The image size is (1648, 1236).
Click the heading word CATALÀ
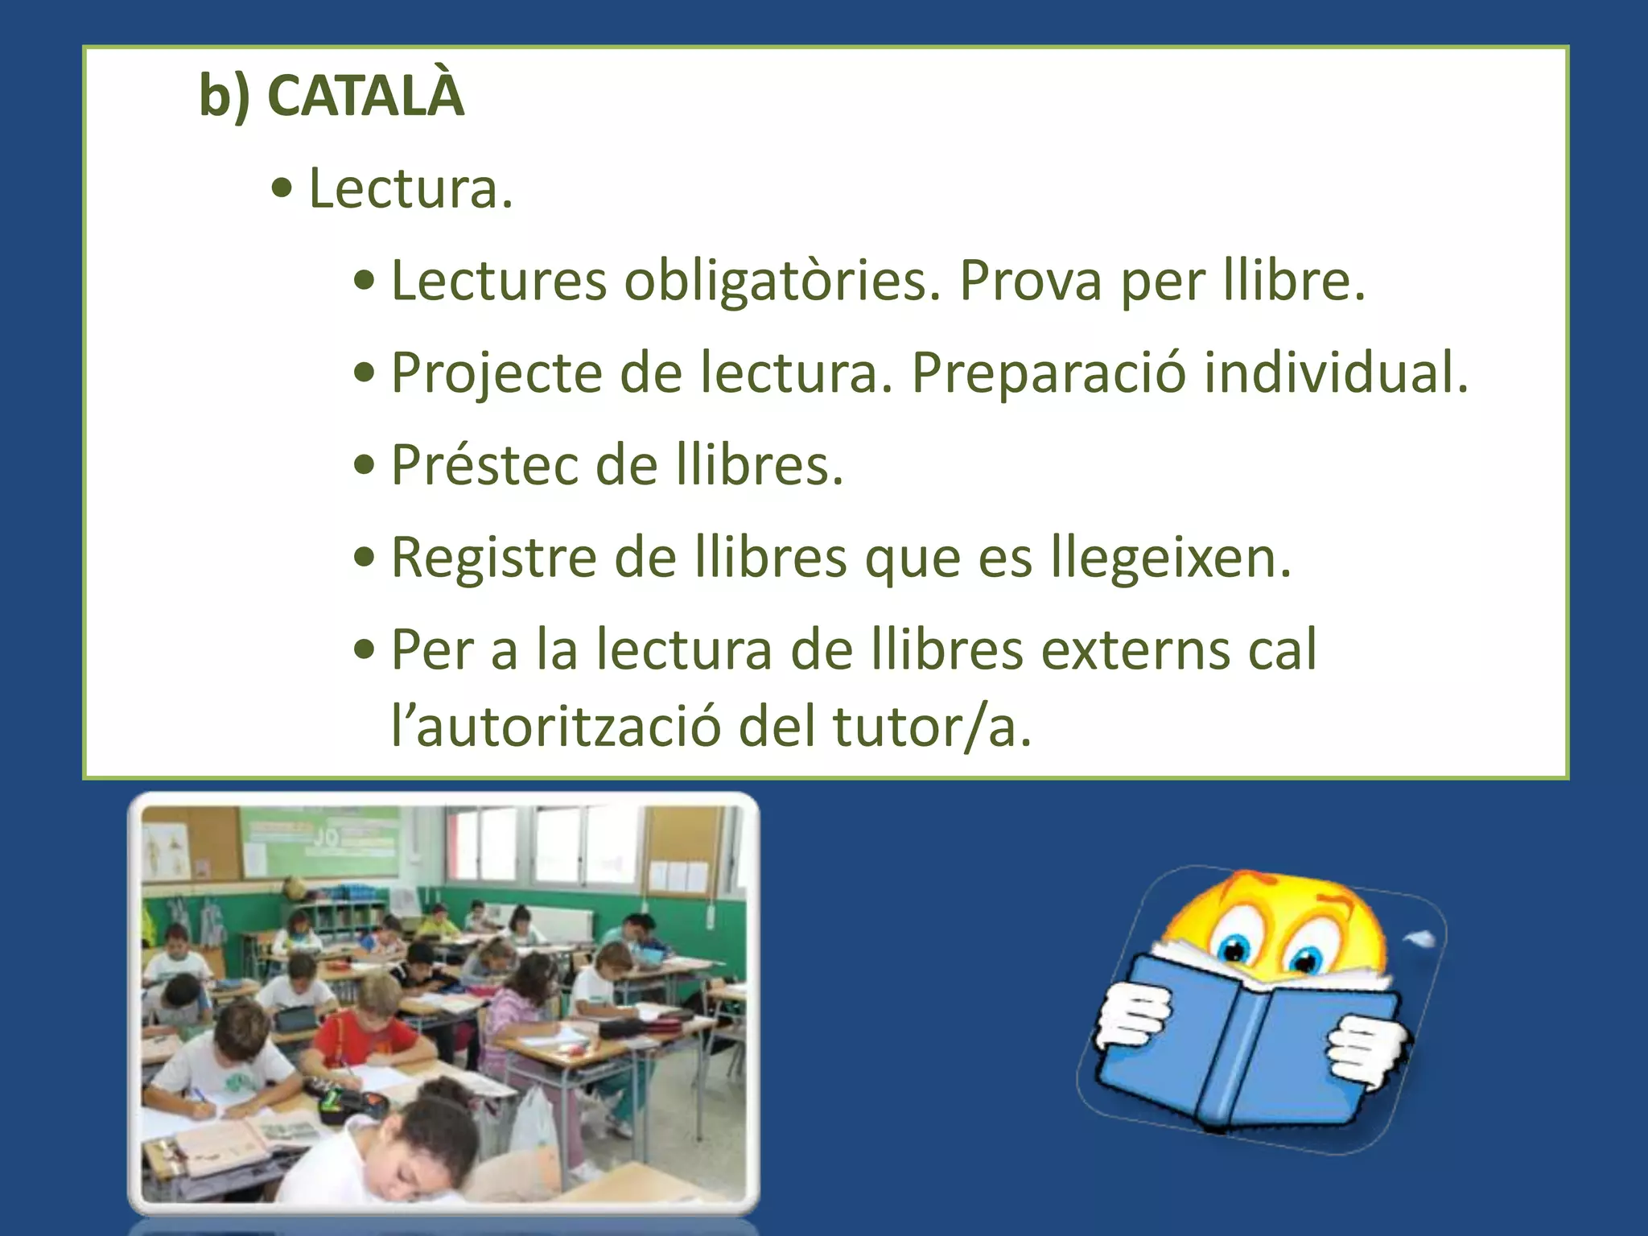(365, 96)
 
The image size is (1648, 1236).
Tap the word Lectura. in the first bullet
(410, 189)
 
